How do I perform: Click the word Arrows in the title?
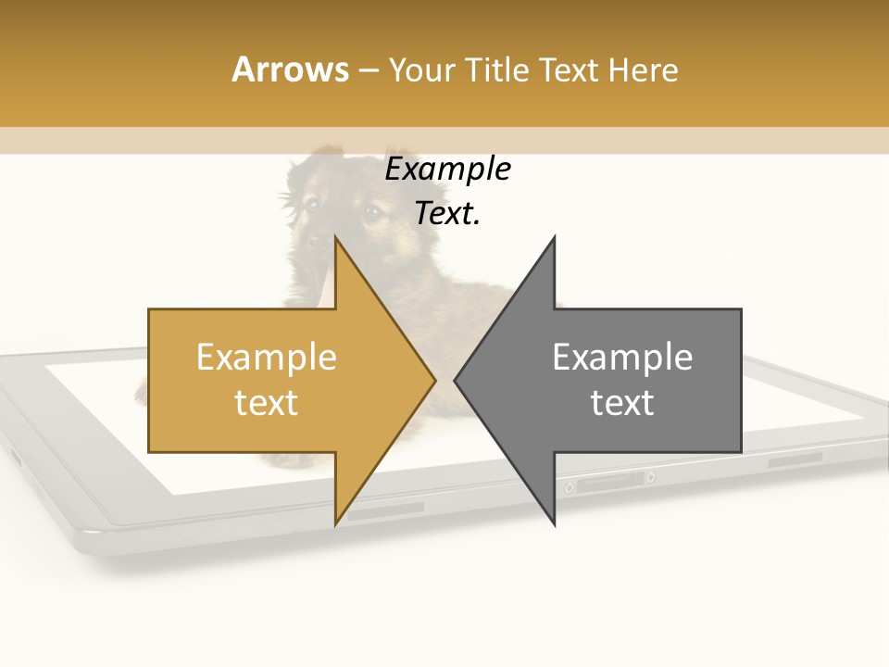(290, 69)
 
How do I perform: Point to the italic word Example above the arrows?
(447, 170)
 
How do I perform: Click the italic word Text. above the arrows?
(447, 214)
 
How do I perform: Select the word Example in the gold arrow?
(267, 358)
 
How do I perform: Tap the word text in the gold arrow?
(267, 403)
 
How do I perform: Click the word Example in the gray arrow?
(622, 358)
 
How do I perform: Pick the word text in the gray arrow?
(622, 403)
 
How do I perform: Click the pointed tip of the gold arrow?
(433, 380)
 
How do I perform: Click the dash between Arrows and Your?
(367, 71)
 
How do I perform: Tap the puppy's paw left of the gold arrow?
(142, 394)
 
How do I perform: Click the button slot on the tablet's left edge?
(16, 455)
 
